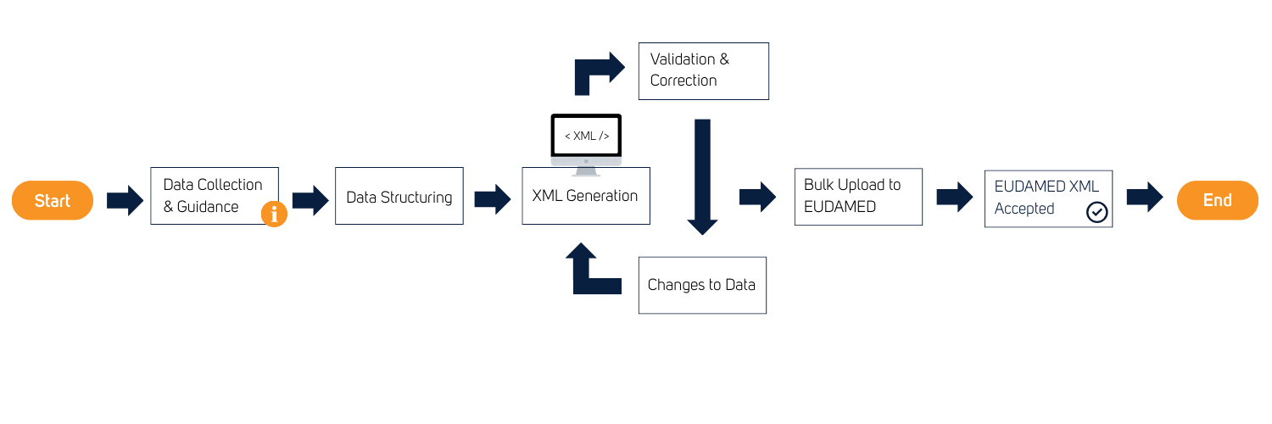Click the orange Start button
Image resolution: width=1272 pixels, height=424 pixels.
pos(52,201)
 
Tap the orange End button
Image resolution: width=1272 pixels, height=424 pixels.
pos(1217,201)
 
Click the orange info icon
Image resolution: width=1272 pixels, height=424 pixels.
pos(274,214)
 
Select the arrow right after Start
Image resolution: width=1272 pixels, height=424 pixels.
pos(125,201)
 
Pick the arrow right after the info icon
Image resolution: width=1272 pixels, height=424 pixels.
pos(310,201)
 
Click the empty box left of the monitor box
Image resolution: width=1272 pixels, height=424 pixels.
pos(399,196)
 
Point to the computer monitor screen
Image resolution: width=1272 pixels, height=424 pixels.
pos(585,134)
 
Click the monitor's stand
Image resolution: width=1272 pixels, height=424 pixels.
pos(585,171)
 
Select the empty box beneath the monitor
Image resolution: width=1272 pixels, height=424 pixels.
pos(585,202)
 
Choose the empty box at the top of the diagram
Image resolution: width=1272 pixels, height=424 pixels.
pos(703,71)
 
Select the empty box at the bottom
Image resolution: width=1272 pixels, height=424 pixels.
pos(702,285)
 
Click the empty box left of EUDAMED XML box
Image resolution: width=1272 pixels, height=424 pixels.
pos(858,197)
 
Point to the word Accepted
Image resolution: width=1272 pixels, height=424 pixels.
pos(1024,209)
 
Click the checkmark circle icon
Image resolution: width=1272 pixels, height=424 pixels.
pos(1096,212)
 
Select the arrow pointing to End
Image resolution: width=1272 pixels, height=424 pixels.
pos(1144,198)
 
